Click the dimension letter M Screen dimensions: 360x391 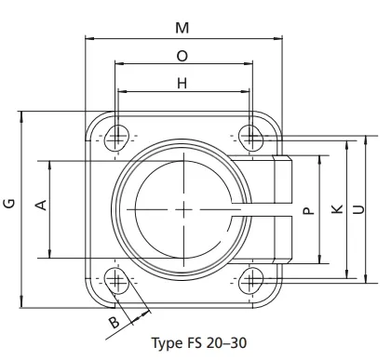(182, 27)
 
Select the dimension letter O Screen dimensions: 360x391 (182, 56)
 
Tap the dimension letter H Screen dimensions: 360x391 (182, 84)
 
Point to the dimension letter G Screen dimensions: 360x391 (8, 205)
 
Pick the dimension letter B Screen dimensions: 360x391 (114, 323)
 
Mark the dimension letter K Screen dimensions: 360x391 (336, 209)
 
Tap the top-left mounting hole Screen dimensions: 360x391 (115, 138)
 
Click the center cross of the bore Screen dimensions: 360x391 (183, 207)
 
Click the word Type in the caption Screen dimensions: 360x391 (168, 342)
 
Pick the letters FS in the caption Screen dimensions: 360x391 (195, 342)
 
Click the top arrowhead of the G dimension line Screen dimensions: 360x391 (20, 113)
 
